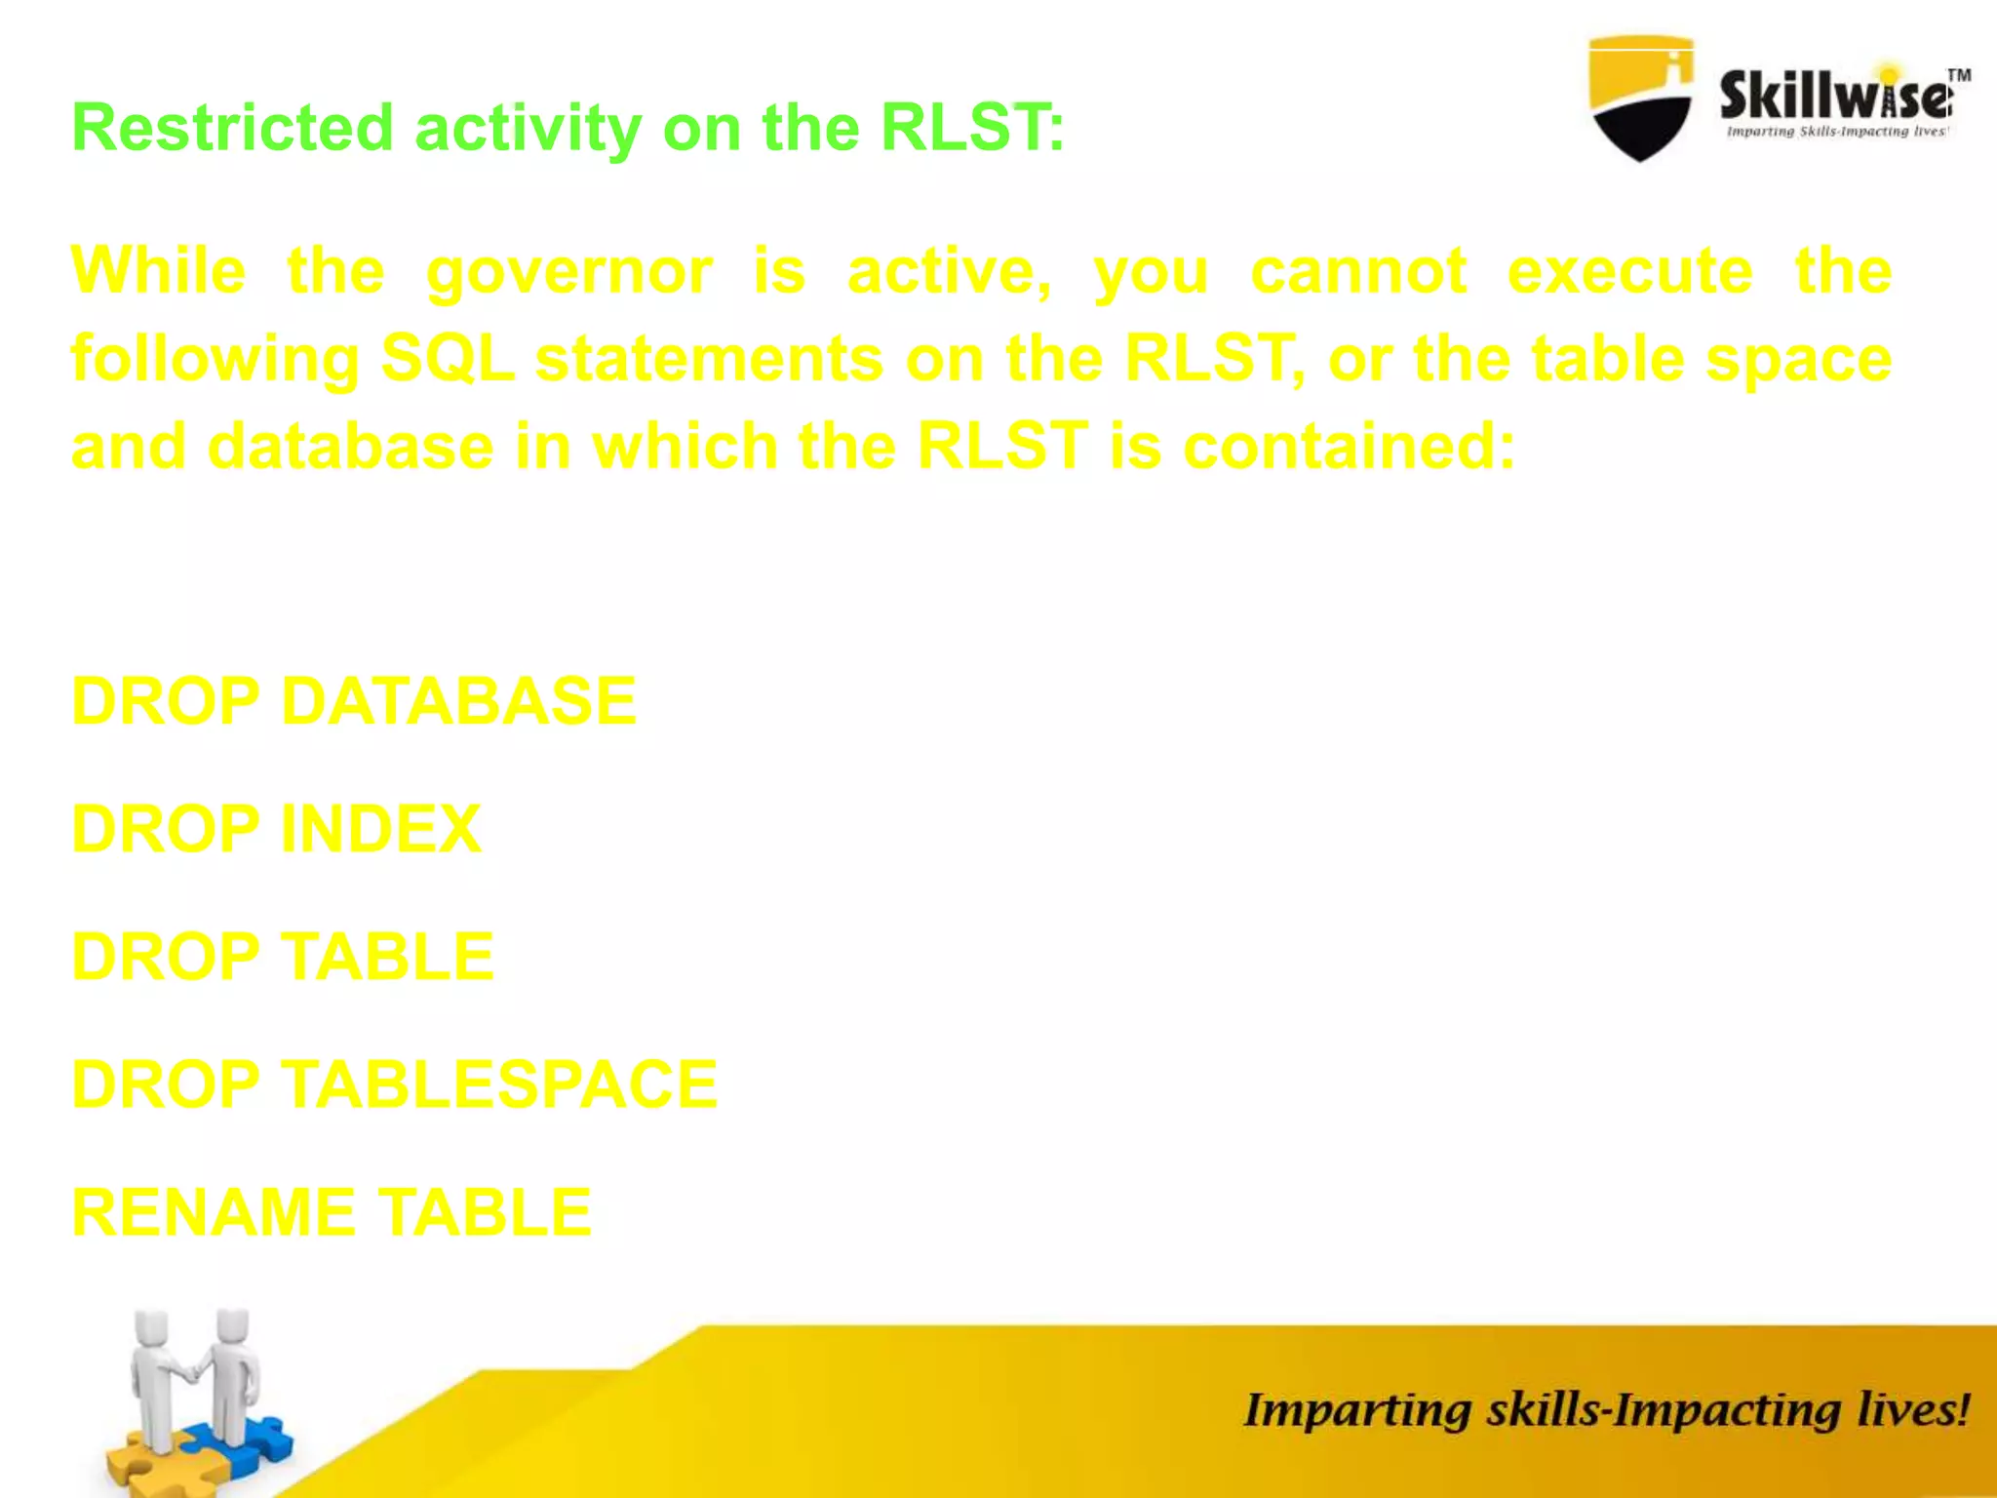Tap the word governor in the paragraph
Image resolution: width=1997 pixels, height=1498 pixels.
pyautogui.click(x=569, y=272)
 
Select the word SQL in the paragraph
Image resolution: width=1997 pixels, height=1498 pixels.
pyautogui.click(x=447, y=358)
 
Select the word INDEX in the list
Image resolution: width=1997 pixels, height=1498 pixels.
pyautogui.click(x=380, y=829)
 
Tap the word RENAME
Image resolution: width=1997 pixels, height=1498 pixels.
pyautogui.click(x=214, y=1212)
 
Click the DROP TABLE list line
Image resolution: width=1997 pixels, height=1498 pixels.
pyautogui.click(x=283, y=957)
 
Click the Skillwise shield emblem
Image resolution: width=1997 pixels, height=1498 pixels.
pyautogui.click(x=1640, y=98)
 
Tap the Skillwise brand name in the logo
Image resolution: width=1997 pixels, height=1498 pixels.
pyautogui.click(x=1833, y=98)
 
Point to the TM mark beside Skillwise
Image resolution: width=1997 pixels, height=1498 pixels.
pyautogui.click(x=1958, y=75)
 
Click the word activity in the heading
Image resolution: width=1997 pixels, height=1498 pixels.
pyautogui.click(x=528, y=129)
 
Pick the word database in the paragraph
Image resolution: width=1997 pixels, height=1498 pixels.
pyautogui.click(x=351, y=447)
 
